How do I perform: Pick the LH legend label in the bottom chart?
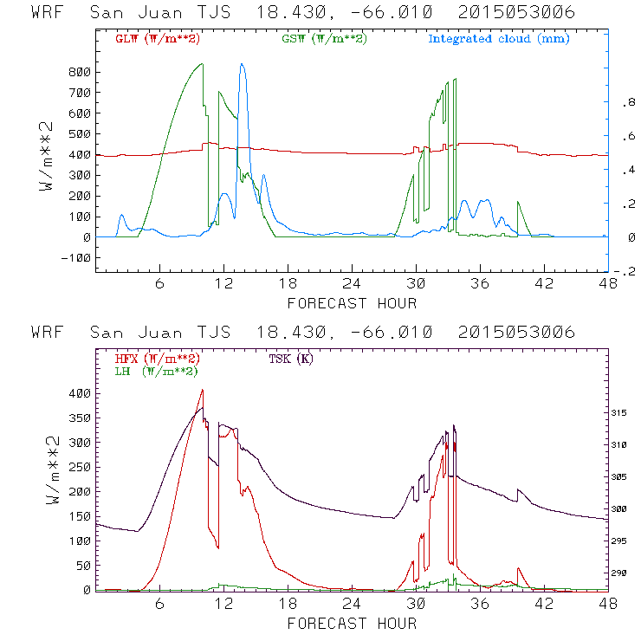[x=151, y=371]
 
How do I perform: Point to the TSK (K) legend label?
[x=291, y=359]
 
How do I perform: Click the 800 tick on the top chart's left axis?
[x=78, y=72]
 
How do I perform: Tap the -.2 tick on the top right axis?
[x=628, y=271]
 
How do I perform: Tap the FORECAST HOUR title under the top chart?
[x=352, y=303]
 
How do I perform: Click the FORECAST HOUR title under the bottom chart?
[x=352, y=623]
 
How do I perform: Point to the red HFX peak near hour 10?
[x=203, y=390]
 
